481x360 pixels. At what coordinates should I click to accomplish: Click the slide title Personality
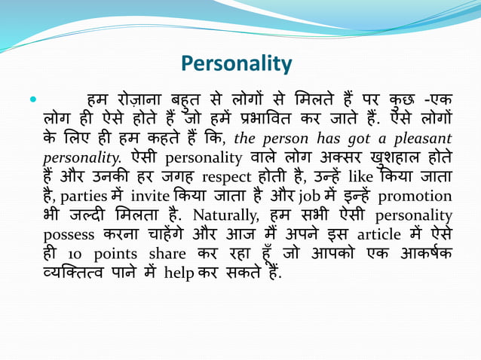pos(237,63)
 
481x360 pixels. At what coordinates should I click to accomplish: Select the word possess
pos(70,236)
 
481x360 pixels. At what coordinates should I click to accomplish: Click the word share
pos(167,255)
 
